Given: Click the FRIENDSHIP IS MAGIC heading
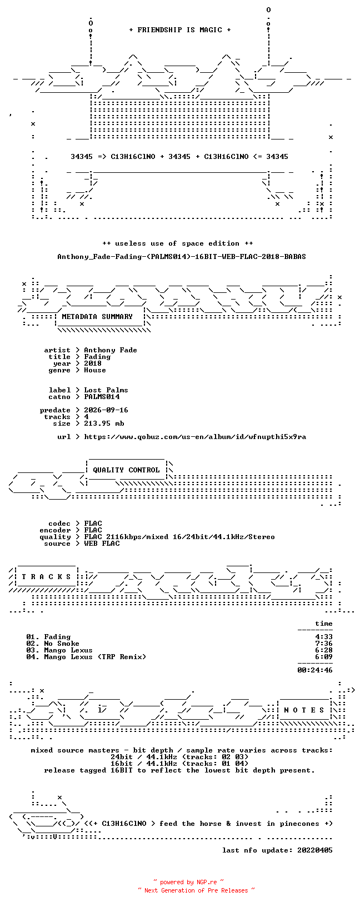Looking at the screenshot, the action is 180,30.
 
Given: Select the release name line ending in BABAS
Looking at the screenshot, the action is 182,257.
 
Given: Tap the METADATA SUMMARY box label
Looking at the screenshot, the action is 97,317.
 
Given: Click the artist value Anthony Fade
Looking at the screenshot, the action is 111,350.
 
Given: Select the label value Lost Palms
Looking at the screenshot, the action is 106,390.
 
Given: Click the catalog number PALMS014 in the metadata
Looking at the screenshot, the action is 102,397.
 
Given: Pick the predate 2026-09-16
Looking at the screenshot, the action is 106,410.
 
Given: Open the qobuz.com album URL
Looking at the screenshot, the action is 195,437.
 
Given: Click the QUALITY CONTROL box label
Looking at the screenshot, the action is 126,470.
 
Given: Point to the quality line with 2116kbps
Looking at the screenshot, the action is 179,537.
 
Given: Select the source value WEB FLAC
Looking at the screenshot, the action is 102,544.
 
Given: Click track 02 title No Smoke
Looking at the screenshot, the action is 62,644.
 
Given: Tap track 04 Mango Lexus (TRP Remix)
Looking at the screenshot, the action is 95,657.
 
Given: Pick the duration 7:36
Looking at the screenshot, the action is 324,644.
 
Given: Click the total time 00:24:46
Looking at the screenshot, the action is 315,670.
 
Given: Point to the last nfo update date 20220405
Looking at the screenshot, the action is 315,850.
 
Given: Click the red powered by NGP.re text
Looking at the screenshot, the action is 188,882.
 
